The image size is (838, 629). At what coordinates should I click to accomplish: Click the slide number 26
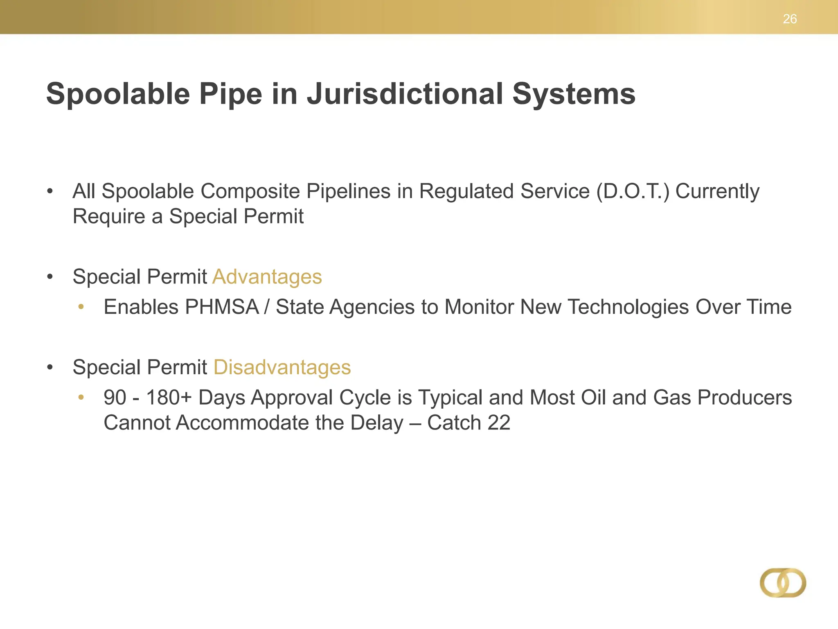click(790, 19)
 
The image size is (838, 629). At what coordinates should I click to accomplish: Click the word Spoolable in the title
click(118, 94)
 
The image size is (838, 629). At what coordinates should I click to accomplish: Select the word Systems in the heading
click(574, 94)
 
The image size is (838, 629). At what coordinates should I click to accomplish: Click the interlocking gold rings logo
click(783, 582)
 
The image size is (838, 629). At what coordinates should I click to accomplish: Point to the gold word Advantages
click(267, 277)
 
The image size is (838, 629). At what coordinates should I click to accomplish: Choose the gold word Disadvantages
click(282, 367)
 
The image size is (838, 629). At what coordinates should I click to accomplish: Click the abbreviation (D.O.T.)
click(633, 191)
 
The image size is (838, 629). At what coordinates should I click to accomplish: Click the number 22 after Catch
click(499, 423)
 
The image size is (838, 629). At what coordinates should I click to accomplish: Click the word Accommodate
click(242, 423)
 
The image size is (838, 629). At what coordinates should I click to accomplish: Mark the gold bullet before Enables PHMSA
click(81, 307)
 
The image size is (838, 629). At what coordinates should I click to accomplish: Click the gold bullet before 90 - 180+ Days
click(81, 397)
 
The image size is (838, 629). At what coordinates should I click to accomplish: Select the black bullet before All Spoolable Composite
click(50, 191)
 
